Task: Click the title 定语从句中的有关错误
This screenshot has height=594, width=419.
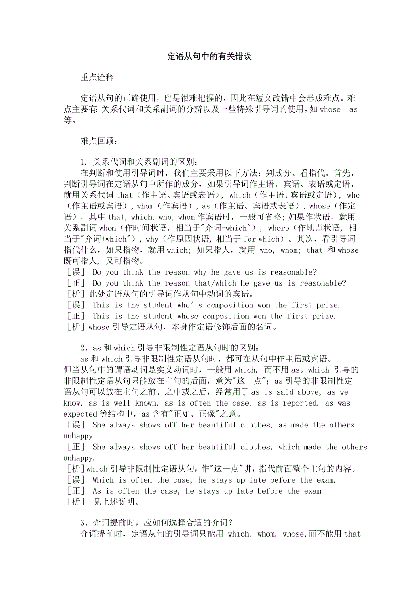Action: click(209, 57)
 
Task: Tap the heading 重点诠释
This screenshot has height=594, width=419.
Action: click(97, 78)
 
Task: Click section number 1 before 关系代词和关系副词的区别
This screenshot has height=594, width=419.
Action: click(83, 162)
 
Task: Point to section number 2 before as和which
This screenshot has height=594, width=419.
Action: click(83, 348)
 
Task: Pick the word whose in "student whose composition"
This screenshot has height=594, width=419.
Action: click(188, 316)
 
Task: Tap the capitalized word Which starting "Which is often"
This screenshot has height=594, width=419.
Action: click(103, 480)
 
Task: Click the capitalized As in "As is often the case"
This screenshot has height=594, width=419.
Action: click(97, 491)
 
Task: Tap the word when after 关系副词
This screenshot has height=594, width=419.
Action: click(107, 228)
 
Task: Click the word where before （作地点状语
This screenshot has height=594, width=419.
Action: click(279, 228)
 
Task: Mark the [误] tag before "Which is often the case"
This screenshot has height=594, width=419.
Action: click(75, 480)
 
